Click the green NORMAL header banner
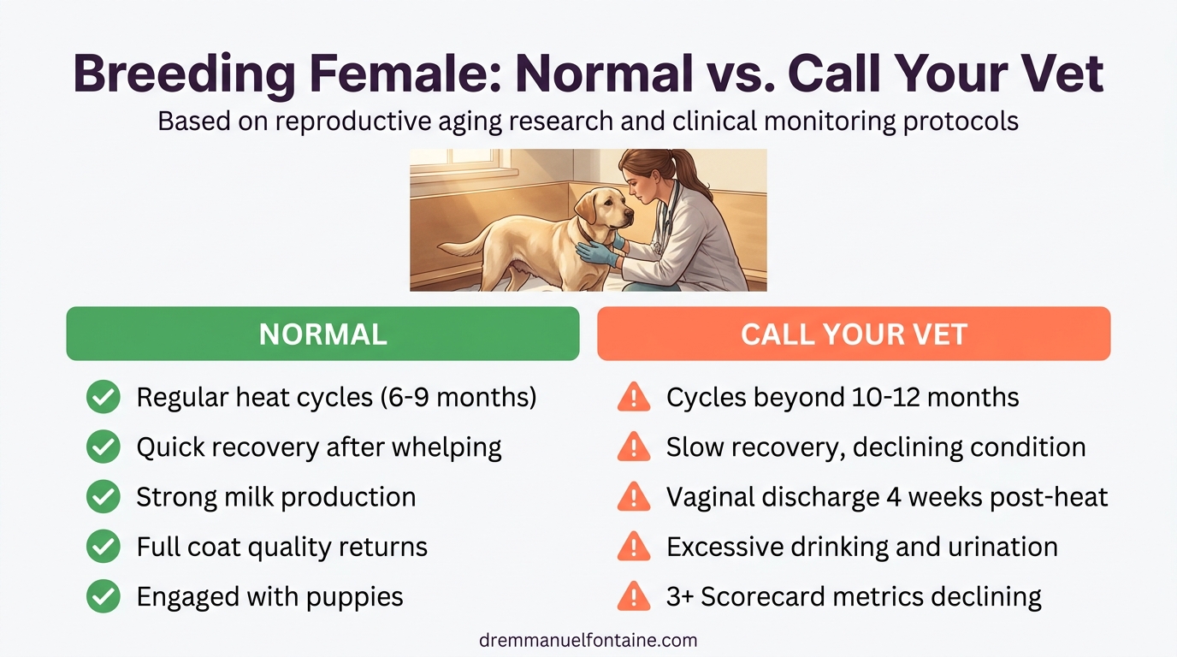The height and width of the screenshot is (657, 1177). click(x=322, y=334)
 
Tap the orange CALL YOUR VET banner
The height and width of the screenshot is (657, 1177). click(x=853, y=334)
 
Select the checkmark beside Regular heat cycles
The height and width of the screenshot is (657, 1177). click(x=104, y=398)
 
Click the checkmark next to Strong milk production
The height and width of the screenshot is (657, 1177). click(x=104, y=497)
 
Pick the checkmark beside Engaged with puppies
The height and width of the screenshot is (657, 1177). click(x=104, y=596)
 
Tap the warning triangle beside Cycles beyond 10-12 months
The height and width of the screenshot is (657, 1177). click(x=634, y=398)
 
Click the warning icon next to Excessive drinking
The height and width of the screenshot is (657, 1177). click(x=634, y=547)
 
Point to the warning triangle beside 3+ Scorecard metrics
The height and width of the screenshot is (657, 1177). click(x=634, y=596)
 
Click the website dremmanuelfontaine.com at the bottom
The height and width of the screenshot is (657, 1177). click(x=588, y=640)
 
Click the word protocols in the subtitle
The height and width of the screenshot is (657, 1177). click(x=961, y=121)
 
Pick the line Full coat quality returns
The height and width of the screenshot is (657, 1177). click(x=281, y=547)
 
